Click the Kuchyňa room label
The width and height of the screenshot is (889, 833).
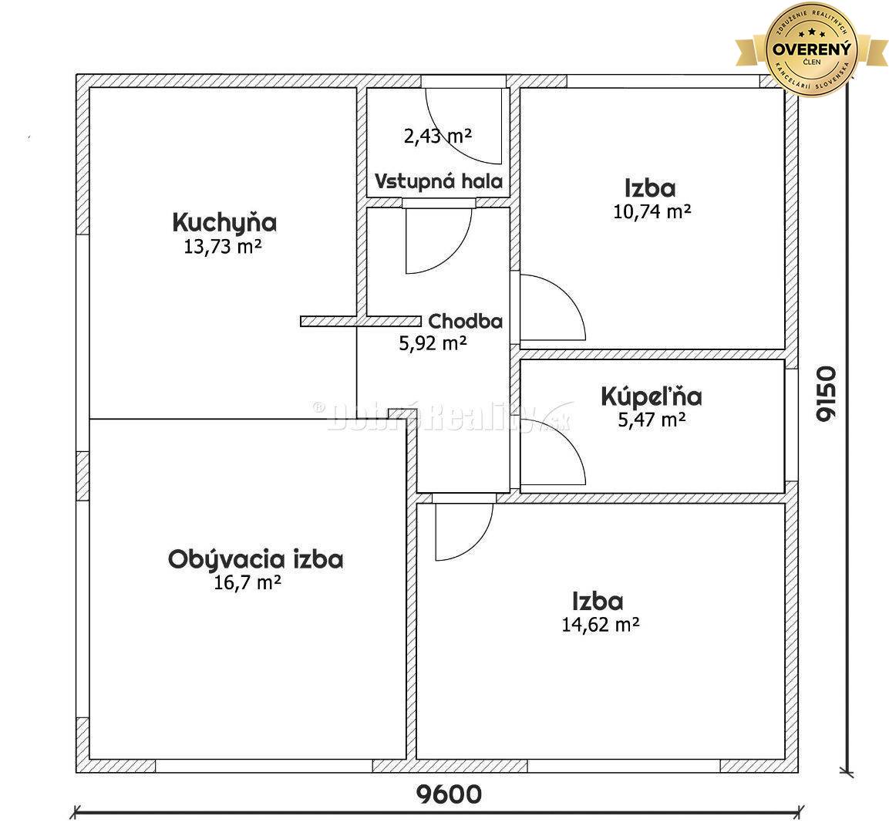pyautogui.click(x=224, y=223)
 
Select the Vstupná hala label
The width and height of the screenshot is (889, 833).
pyautogui.click(x=439, y=182)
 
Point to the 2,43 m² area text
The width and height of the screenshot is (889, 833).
pyautogui.click(x=437, y=137)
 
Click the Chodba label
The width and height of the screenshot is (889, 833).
pyautogui.click(x=466, y=321)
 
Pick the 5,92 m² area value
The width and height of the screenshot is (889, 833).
pyautogui.click(x=433, y=343)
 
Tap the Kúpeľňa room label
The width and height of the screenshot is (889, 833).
pyautogui.click(x=651, y=396)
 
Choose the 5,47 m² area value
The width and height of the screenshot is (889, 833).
pyautogui.click(x=651, y=420)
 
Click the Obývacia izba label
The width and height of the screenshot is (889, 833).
pyautogui.click(x=255, y=559)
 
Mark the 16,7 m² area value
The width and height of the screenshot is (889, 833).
pyautogui.click(x=247, y=583)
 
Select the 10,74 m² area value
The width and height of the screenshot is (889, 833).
pyautogui.click(x=651, y=211)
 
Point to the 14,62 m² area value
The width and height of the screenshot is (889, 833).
pyautogui.click(x=601, y=624)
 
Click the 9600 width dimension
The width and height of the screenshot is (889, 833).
pyautogui.click(x=449, y=794)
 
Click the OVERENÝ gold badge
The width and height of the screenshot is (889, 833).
pyautogui.click(x=813, y=48)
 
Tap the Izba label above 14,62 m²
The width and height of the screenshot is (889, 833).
pyautogui.click(x=598, y=601)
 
